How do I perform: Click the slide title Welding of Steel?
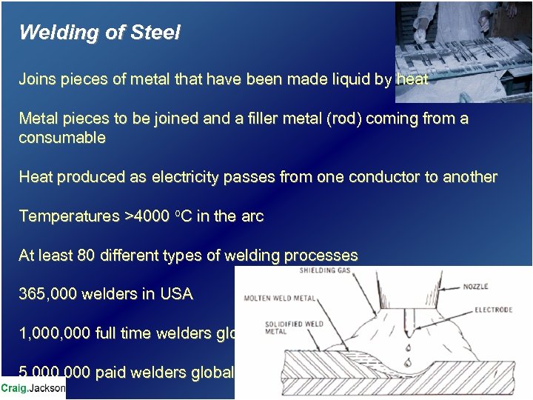(99, 33)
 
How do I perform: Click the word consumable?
(62, 138)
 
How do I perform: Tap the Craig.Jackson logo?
(33, 387)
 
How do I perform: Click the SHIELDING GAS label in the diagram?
(325, 271)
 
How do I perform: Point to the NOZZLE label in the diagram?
(476, 286)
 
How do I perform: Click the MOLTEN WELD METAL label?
(279, 299)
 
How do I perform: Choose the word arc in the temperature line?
(252, 216)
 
